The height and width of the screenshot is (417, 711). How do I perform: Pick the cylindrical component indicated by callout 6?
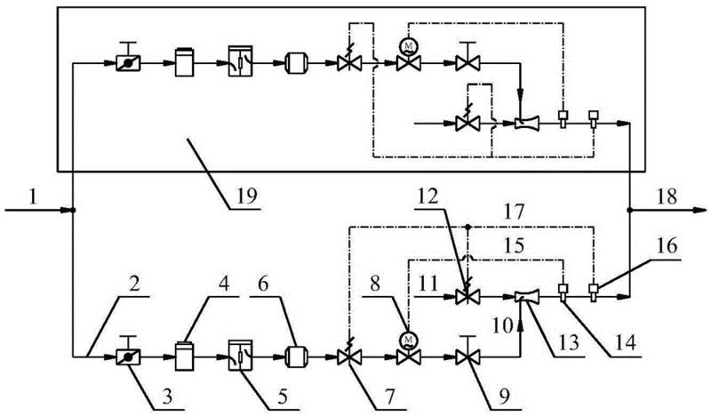(x=298, y=357)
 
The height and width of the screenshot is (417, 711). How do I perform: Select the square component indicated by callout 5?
(x=241, y=356)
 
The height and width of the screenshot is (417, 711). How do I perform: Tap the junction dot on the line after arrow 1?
(x=72, y=212)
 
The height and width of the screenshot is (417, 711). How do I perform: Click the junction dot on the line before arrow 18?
(x=629, y=212)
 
